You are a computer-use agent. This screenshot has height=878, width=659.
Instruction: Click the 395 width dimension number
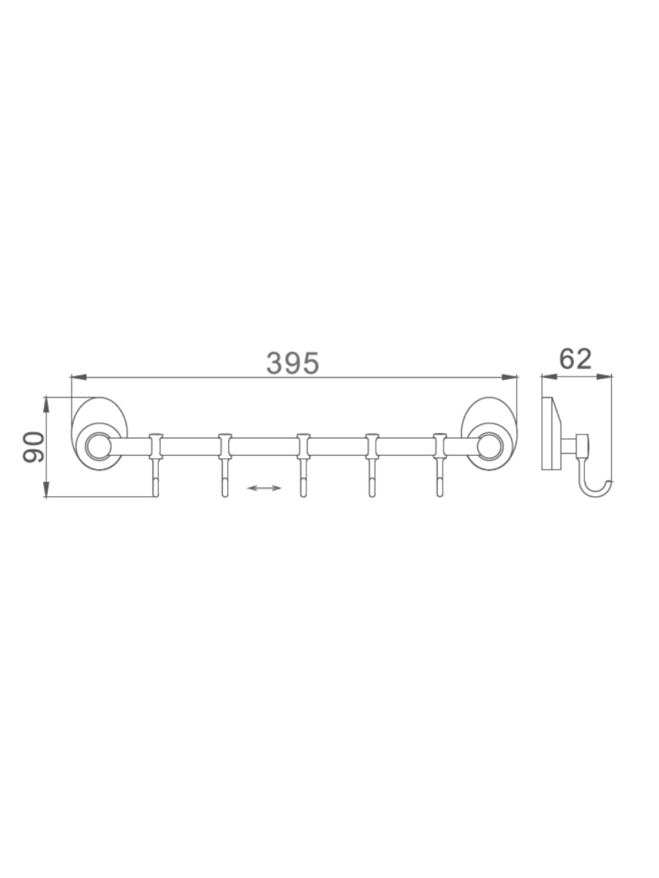(292, 363)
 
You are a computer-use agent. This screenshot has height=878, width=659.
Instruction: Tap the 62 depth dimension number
(575, 359)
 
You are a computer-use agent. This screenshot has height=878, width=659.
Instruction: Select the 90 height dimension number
(33, 447)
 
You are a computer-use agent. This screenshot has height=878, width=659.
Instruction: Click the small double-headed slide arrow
(264, 487)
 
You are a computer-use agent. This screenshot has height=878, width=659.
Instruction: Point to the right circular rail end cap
(489, 446)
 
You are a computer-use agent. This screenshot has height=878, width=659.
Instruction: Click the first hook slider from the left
(156, 446)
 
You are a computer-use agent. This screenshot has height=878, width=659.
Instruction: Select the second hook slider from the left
(226, 446)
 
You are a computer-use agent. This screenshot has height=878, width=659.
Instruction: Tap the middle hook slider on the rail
(303, 446)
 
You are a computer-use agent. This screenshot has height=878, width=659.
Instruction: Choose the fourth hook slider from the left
(372, 446)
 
